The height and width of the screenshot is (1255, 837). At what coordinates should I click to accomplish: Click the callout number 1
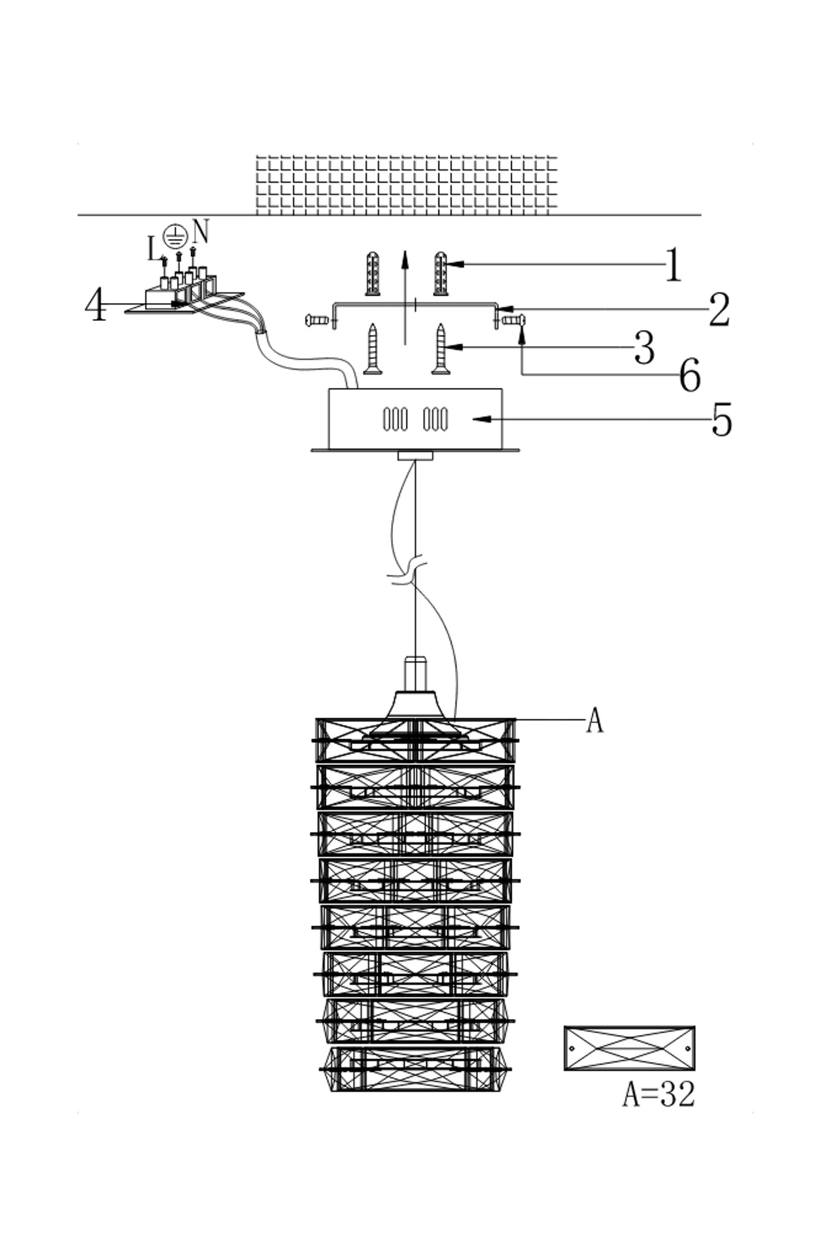click(674, 264)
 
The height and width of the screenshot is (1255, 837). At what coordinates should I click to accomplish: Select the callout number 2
click(719, 310)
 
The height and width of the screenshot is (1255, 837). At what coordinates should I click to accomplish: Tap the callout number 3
click(644, 348)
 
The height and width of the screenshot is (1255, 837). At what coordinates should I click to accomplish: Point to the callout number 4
click(96, 305)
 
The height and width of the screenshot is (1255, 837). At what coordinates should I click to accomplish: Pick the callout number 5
click(722, 420)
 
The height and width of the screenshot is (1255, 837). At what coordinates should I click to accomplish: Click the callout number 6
click(690, 375)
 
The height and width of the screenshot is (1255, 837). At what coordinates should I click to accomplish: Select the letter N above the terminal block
click(201, 232)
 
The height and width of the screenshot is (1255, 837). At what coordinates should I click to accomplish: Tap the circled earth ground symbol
click(175, 237)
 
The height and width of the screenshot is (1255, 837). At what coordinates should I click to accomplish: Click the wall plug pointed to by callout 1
click(441, 274)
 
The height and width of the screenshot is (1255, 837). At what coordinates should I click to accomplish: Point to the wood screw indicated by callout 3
click(441, 349)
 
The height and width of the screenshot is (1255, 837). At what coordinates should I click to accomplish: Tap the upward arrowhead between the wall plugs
click(405, 260)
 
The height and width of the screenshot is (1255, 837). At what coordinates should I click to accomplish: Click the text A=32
click(659, 1095)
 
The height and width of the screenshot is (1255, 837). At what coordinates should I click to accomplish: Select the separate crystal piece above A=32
click(630, 1048)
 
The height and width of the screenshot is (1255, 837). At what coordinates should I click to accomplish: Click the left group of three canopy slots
click(395, 419)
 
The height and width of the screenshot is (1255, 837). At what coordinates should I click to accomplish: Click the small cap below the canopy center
click(416, 456)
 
